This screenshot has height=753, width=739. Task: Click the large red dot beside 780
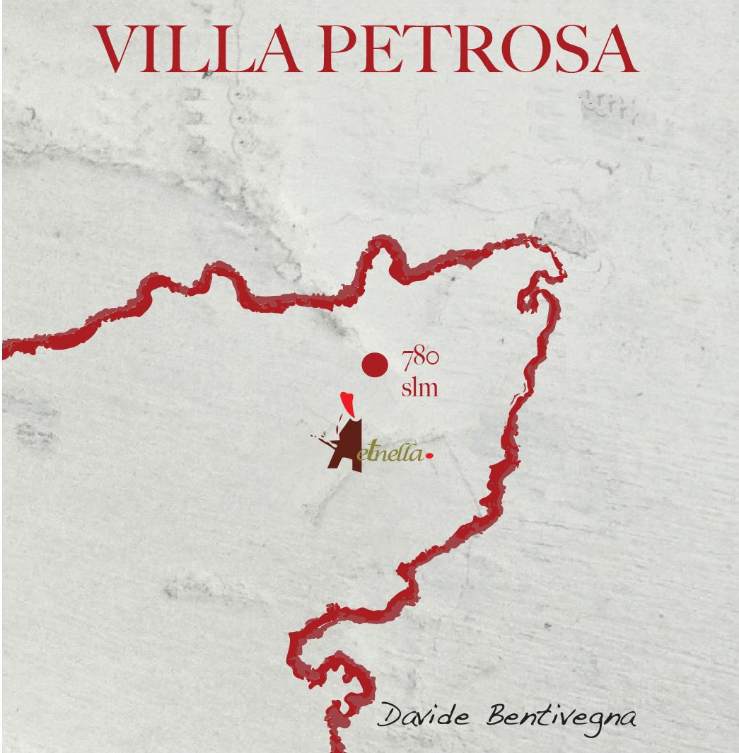point(375,364)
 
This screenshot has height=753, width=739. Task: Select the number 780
point(420,359)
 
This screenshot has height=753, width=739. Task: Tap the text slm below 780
point(419,387)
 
